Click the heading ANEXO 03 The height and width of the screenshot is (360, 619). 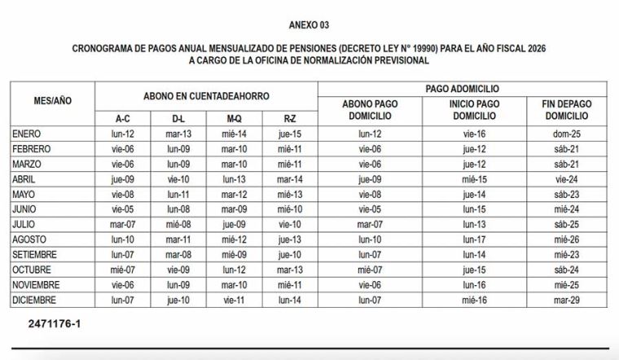tap(309, 25)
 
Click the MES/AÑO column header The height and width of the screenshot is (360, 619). tap(52, 103)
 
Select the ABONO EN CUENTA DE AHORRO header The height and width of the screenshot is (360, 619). tap(206, 95)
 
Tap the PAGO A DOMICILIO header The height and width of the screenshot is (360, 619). tap(463, 88)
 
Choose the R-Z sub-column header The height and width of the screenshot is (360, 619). tap(289, 118)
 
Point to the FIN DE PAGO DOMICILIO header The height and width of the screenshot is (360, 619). tap(567, 110)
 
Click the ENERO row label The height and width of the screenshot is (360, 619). tap(32, 134)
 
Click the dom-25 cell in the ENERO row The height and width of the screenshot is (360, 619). tap(567, 134)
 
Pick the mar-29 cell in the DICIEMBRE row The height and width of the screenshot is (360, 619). tap(567, 299)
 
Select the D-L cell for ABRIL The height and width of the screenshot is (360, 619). tap(178, 178)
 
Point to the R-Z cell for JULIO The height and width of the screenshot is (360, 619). tap(289, 224)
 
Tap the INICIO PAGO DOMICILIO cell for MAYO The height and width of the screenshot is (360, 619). tap(474, 194)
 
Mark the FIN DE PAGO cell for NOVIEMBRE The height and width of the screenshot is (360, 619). tap(567, 284)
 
